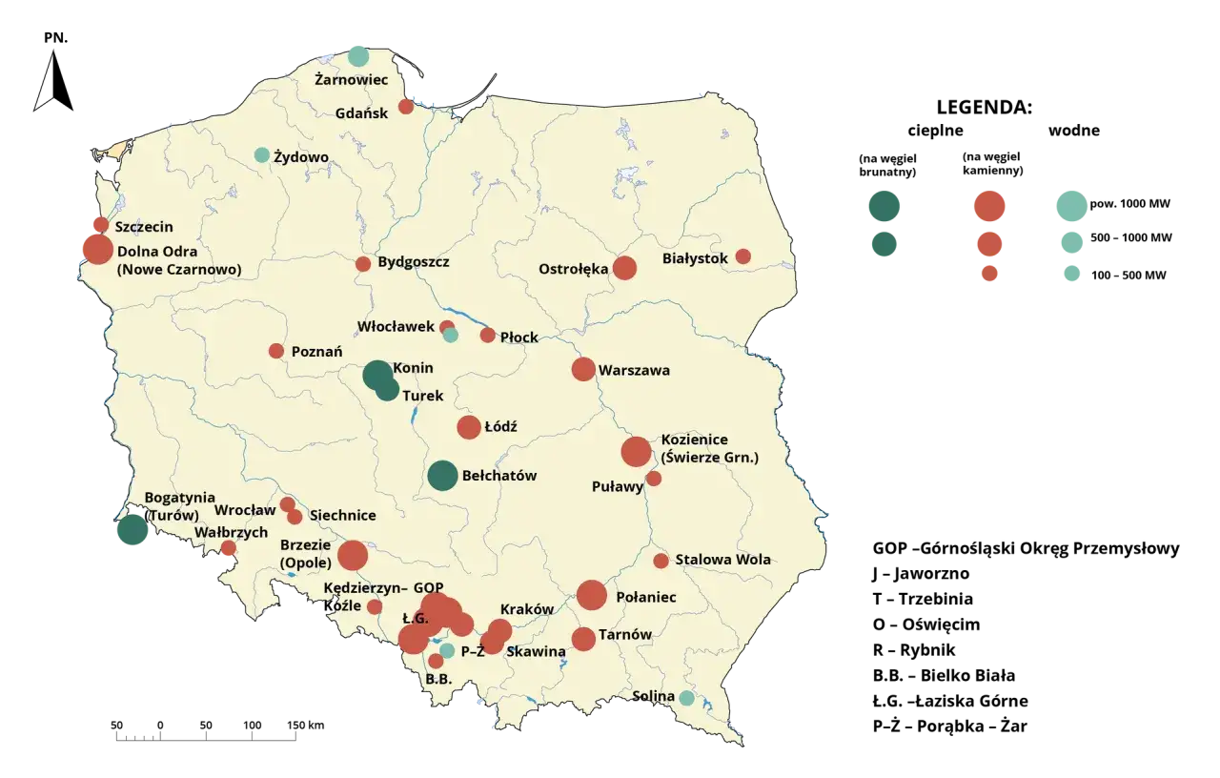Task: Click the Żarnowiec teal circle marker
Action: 357,55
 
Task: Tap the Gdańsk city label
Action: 361,113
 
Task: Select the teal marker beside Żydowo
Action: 262,155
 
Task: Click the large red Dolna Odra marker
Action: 96,249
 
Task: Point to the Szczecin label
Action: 144,228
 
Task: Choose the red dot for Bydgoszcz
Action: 363,264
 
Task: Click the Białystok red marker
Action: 743,256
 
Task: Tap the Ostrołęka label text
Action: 573,269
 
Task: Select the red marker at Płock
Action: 488,336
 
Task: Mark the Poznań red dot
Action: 276,351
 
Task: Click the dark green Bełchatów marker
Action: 442,476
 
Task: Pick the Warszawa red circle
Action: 583,369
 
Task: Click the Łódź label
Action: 500,427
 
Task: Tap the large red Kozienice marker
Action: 636,452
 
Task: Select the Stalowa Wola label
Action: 722,560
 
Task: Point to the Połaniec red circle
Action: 592,595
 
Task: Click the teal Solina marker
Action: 686,698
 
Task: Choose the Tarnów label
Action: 625,635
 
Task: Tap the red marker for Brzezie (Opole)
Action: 353,556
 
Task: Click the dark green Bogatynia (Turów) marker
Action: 132,530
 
